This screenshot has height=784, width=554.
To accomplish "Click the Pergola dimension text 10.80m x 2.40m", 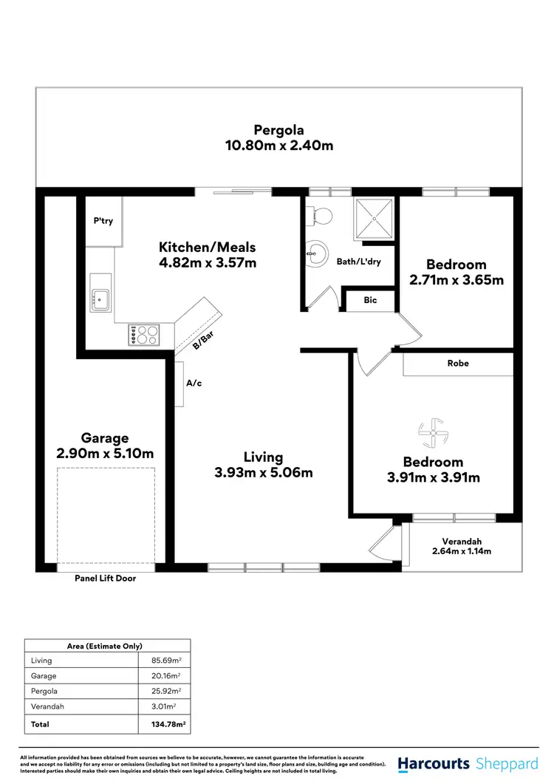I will [278, 146].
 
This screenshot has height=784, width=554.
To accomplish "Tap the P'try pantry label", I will [103, 221].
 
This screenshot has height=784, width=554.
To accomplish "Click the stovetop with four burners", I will [144, 334].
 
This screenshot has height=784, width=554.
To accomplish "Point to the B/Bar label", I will [203, 338].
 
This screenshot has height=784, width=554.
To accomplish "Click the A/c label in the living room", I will [194, 384].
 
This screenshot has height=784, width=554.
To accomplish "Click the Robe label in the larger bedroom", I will [457, 364].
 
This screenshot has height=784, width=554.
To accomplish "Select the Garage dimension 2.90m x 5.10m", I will [105, 453].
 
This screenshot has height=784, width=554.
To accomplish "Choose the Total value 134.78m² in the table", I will [165, 725].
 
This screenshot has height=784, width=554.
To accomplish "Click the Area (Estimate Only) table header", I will [107, 646].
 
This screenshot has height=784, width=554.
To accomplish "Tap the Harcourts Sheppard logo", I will [465, 763].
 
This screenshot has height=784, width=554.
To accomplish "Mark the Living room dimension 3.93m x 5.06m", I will [264, 472].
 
